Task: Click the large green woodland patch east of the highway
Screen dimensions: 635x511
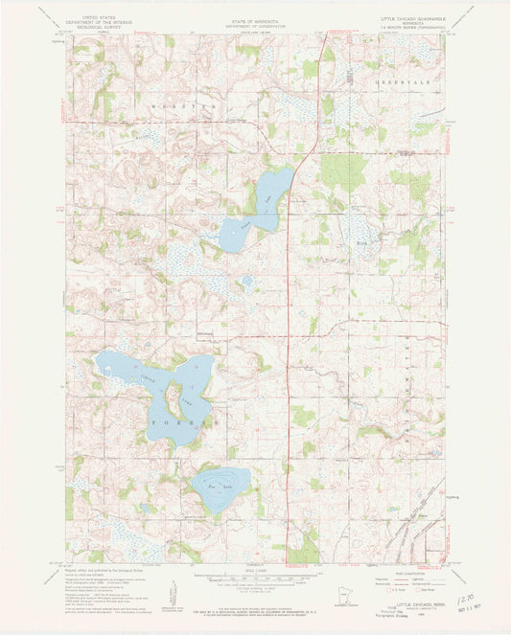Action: tap(341, 172)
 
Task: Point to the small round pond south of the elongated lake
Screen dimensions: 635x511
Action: tap(246, 282)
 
